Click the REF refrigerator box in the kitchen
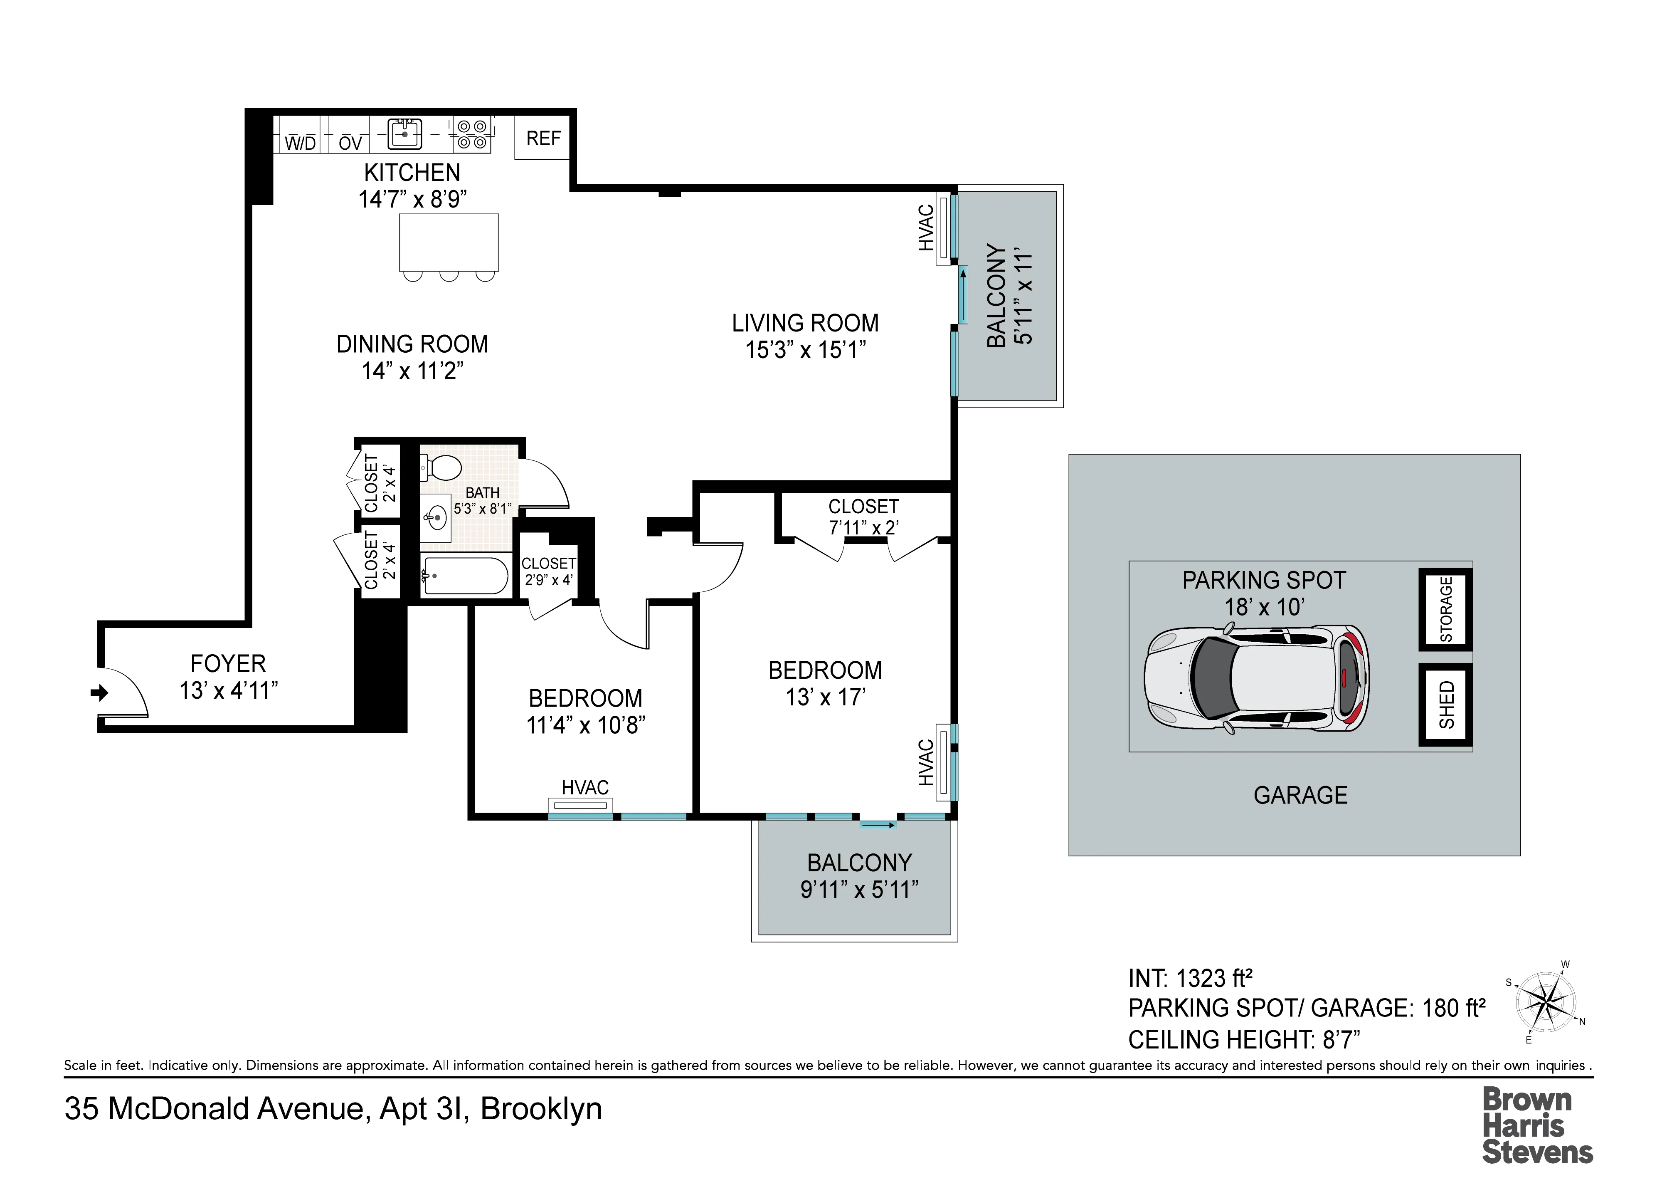pyautogui.click(x=542, y=138)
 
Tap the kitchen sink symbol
pyautogui.click(x=404, y=134)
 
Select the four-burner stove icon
pyautogui.click(x=472, y=134)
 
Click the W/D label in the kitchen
pyautogui.click(x=300, y=143)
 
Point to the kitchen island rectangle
pyautogui.click(x=449, y=242)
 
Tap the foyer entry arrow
pyautogui.click(x=99, y=693)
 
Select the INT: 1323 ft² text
pyautogui.click(x=1190, y=979)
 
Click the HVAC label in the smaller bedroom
pyautogui.click(x=584, y=787)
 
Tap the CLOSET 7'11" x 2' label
pyautogui.click(x=863, y=517)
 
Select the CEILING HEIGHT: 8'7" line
pyautogui.click(x=1244, y=1039)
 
